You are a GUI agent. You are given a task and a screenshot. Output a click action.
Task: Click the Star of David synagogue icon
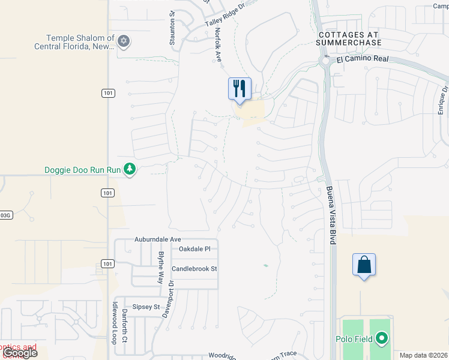[124, 41]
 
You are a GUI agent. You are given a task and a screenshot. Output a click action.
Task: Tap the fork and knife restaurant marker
[240, 89]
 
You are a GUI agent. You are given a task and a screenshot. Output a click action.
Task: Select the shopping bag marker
[364, 265]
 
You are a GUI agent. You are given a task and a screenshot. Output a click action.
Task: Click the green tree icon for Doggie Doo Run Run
[129, 170]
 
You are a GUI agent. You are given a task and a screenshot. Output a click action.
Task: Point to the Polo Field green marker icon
[382, 339]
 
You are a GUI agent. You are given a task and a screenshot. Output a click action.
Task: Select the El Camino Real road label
[363, 60]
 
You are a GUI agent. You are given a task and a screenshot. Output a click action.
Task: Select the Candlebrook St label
[194, 269]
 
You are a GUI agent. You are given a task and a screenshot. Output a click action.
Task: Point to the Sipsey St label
[146, 307]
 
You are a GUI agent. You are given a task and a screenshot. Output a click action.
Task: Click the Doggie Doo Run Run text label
[83, 170]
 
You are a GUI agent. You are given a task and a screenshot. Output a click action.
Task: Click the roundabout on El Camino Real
[326, 61]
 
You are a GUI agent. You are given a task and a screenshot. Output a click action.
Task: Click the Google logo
[19, 353]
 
